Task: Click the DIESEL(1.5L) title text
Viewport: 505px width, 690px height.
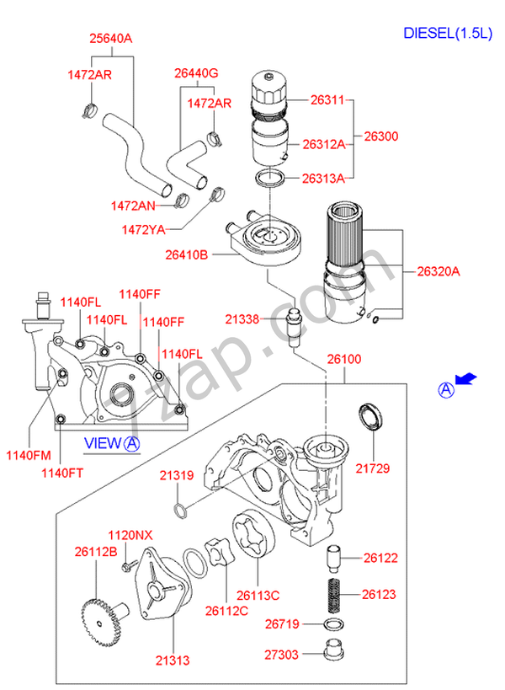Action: coord(448,33)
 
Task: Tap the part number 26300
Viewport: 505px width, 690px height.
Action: coord(381,136)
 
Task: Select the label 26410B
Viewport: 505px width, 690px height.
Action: coord(186,254)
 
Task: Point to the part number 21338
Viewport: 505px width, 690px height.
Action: coord(242,319)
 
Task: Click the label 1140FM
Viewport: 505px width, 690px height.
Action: coord(29,455)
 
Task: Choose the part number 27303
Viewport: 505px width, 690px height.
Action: coord(281,655)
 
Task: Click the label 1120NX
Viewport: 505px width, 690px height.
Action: coord(130,535)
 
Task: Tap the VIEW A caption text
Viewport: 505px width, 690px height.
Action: coord(112,443)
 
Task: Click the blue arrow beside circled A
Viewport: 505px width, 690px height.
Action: coord(466,378)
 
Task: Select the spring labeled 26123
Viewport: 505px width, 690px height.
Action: coord(336,595)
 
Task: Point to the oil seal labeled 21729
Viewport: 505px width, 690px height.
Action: coord(370,416)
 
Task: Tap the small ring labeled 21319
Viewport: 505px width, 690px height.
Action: coord(180,511)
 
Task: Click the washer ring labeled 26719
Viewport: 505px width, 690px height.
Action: coord(333,624)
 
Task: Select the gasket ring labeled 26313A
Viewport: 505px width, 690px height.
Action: coord(270,178)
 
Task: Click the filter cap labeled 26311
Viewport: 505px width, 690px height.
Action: coord(269,94)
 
